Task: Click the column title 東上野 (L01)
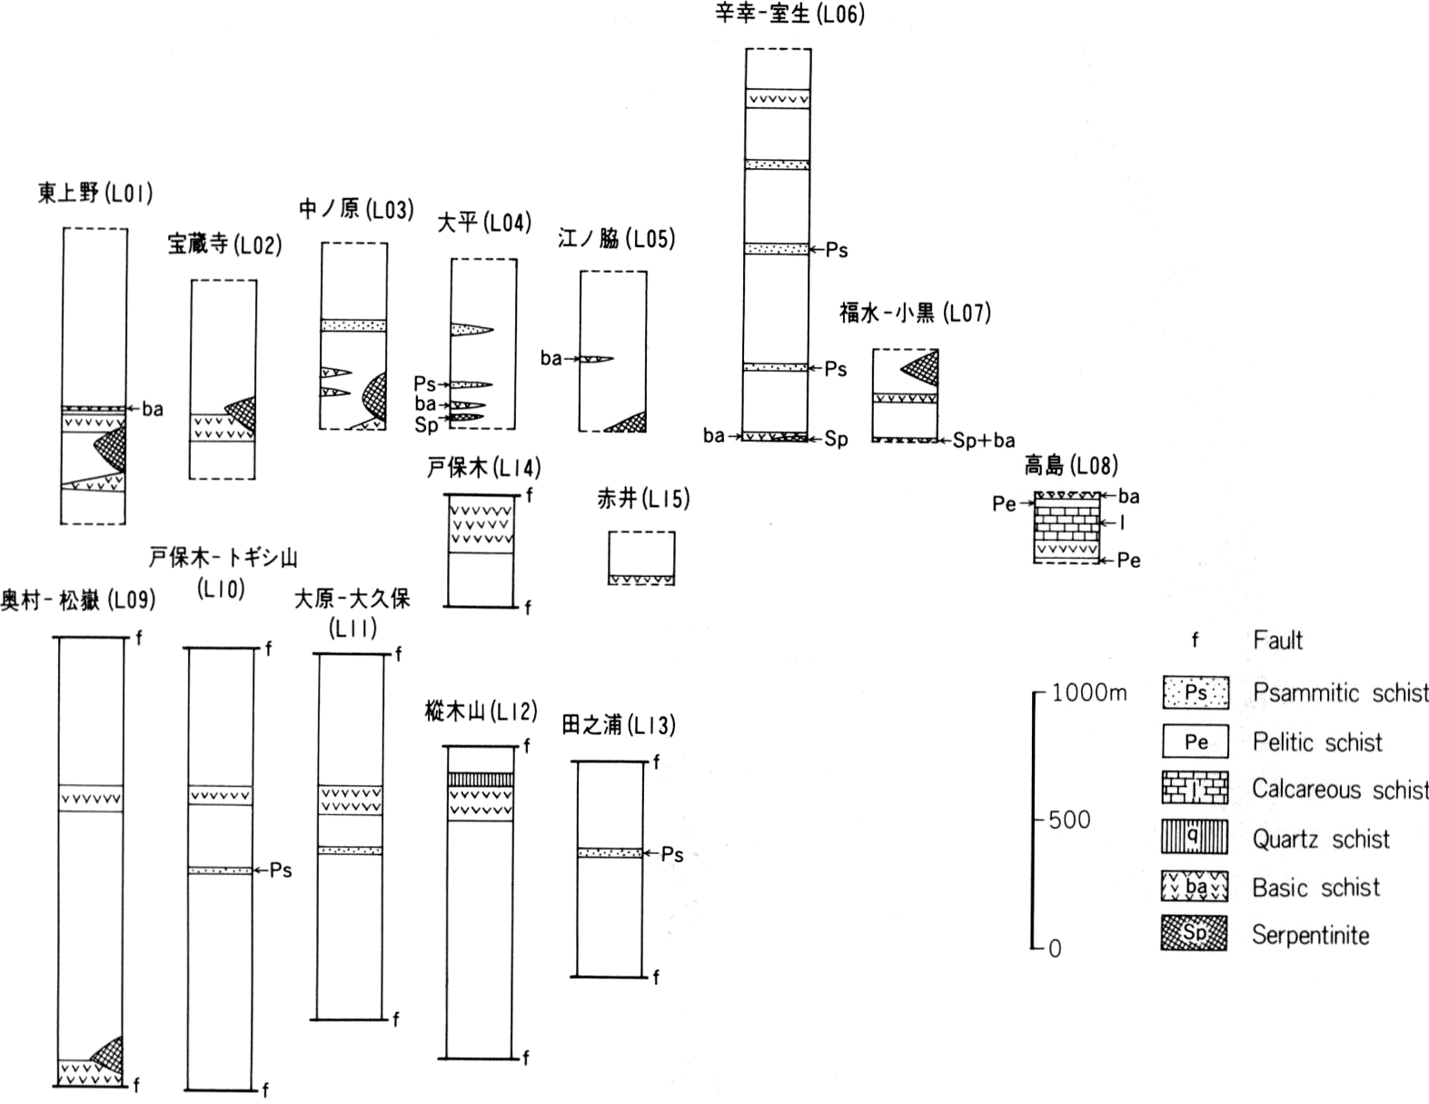tap(95, 193)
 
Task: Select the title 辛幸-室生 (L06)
tap(789, 13)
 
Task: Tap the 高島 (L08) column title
tap(1071, 465)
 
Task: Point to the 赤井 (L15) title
tap(643, 499)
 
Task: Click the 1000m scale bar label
tap(1089, 692)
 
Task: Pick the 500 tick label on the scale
tap(1069, 820)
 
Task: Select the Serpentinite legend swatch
tap(1195, 933)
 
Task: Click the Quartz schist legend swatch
tap(1195, 836)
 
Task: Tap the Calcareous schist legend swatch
tap(1195, 788)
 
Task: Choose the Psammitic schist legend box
tap(1196, 692)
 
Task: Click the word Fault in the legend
tap(1277, 640)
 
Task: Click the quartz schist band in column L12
tap(481, 780)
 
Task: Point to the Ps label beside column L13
tap(672, 854)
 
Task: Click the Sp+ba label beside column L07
tap(984, 440)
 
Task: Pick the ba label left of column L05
tap(551, 358)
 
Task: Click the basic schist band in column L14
tap(481, 524)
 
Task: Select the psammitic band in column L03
tap(353, 325)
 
